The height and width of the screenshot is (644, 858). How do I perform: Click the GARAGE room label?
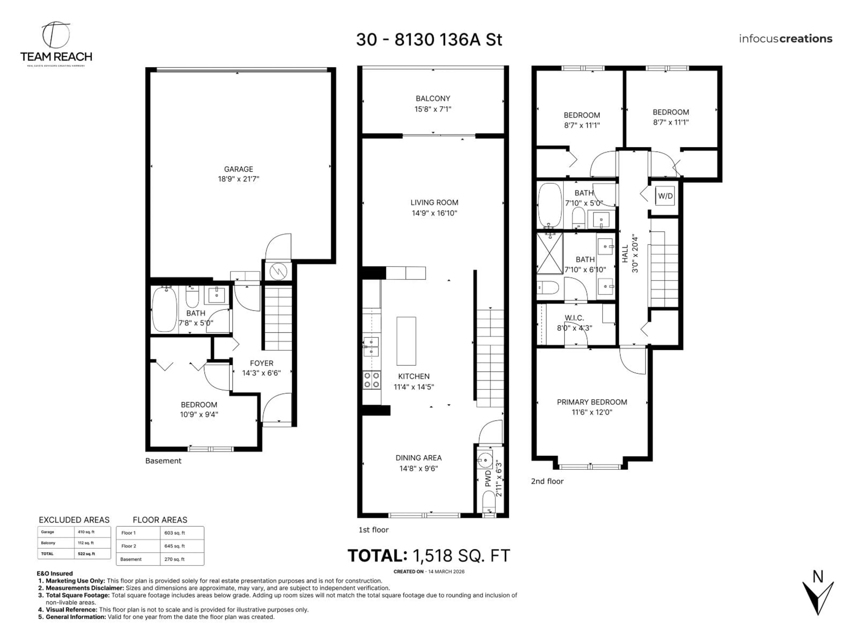tap(238, 169)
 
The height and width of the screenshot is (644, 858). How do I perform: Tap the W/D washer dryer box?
tap(665, 196)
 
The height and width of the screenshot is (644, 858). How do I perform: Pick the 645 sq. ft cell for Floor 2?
tap(175, 546)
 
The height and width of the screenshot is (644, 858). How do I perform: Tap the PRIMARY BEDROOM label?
tap(592, 402)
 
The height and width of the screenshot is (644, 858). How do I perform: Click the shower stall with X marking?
tap(549, 253)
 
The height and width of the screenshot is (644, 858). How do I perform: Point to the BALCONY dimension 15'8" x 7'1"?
tap(433, 109)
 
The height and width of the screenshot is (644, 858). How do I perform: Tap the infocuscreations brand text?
tap(785, 39)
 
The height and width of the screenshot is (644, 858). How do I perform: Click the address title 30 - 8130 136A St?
tap(429, 40)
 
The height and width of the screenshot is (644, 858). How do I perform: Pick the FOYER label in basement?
tap(261, 363)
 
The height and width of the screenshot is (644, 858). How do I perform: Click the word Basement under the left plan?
tap(163, 461)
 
